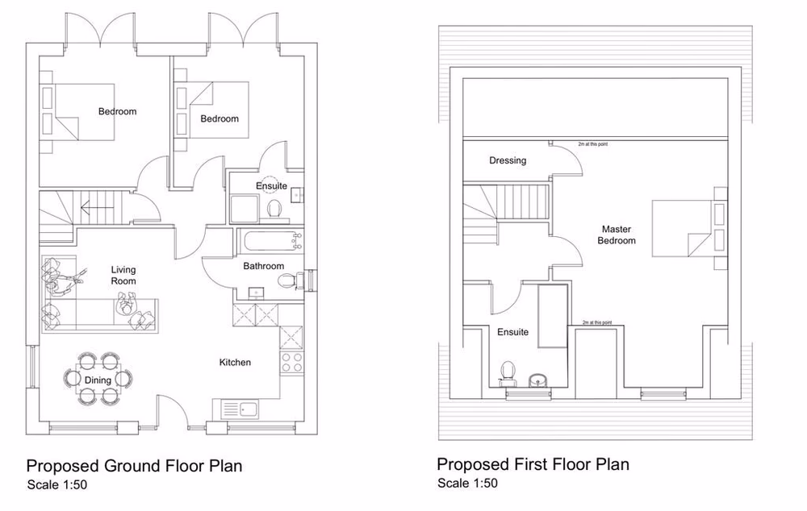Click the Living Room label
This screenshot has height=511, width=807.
[123, 275]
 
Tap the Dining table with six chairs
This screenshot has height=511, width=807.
[99, 377]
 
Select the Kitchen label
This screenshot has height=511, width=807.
[235, 363]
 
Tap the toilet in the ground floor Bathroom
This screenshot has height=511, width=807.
[286, 281]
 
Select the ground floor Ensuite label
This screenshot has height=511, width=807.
[271, 186]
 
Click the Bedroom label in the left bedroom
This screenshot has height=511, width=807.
[117, 111]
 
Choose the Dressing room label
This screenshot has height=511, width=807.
[507, 160]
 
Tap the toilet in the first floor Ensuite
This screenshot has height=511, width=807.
[508, 372]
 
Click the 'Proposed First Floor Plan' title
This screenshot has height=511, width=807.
[533, 464]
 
